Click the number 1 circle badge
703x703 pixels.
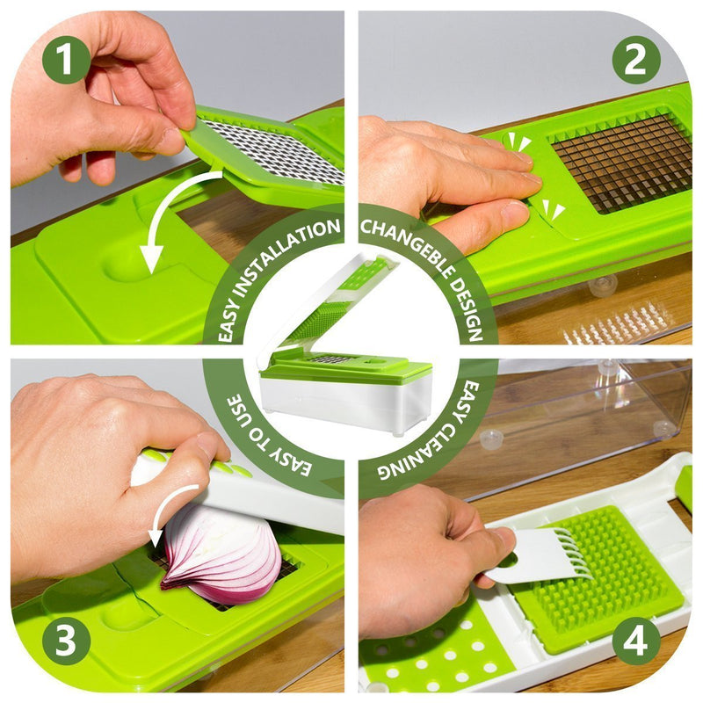pos(67,60)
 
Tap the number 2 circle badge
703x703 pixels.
pos(636,60)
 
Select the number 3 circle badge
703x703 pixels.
pos(67,641)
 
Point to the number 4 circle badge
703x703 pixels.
pos(636,641)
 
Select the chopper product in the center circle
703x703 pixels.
pos(345,345)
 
